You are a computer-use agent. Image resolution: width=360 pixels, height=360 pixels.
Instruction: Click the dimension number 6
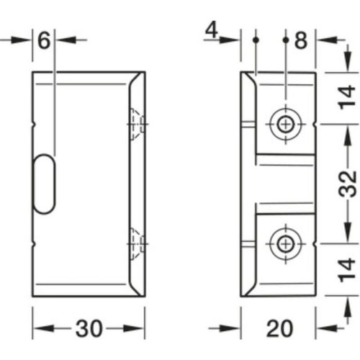(44, 40)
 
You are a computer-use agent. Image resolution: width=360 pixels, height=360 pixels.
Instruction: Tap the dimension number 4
(211, 30)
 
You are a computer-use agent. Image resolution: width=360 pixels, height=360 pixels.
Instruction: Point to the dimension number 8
(301, 40)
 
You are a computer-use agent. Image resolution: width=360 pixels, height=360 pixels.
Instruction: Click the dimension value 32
(347, 185)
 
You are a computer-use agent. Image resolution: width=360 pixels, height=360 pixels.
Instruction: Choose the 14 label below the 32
(347, 273)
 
